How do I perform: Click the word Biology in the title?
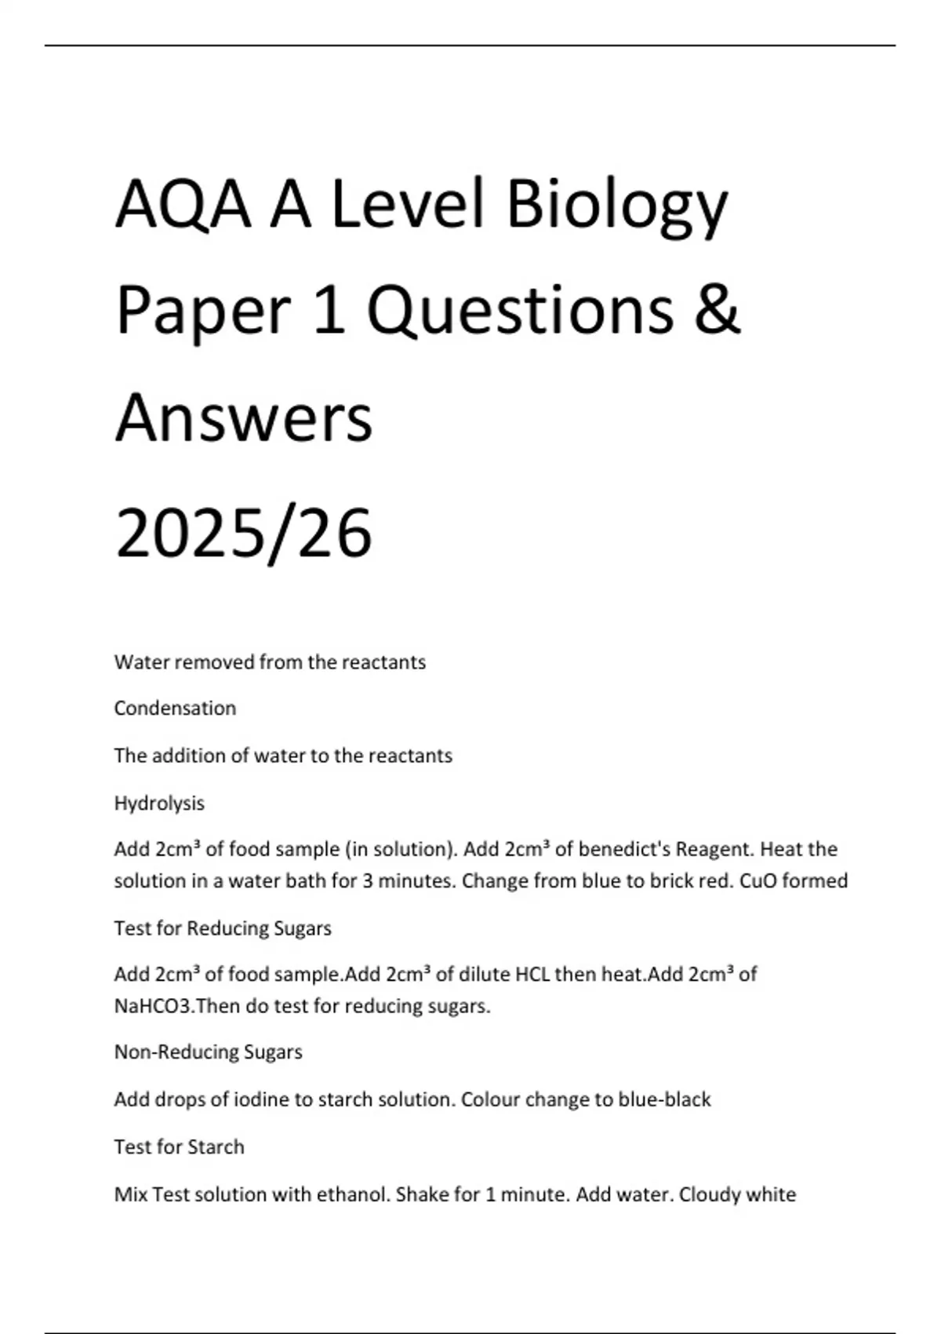coord(617,206)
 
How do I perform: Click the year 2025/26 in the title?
coord(244,534)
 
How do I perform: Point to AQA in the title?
coord(183,206)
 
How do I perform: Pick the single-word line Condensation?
coord(175,709)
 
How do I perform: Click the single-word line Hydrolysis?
coord(159,804)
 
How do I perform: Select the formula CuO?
coord(758,881)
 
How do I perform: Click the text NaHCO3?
coord(153,1006)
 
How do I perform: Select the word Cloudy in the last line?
coord(709,1194)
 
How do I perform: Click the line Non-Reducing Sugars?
coord(209,1052)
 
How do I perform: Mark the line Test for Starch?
coord(180,1147)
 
